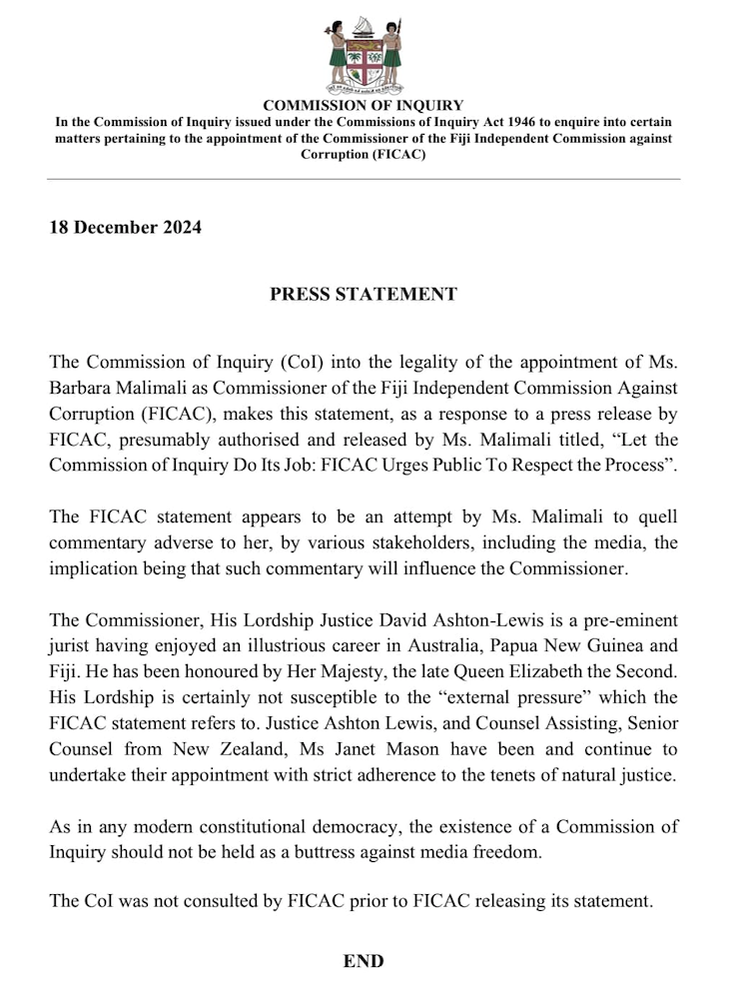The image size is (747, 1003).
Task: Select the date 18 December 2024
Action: click(x=126, y=227)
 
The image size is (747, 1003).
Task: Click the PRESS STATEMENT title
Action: click(x=364, y=294)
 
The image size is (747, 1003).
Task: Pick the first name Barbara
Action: click(x=87, y=388)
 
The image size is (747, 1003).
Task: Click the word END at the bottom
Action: click(x=364, y=961)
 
